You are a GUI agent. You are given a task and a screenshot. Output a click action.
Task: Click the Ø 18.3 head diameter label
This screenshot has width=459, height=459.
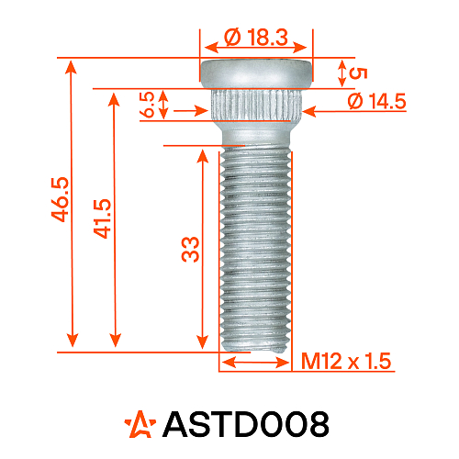[256, 38]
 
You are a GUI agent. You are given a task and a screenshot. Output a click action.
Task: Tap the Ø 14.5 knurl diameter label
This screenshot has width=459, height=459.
[377, 102]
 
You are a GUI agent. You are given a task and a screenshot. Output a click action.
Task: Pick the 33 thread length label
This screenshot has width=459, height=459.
[190, 248]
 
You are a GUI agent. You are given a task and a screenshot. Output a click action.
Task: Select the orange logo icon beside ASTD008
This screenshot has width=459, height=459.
[140, 423]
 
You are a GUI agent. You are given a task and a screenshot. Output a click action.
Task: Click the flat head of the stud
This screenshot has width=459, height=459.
[256, 71]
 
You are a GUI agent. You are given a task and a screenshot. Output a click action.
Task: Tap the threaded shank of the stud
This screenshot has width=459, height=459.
[256, 248]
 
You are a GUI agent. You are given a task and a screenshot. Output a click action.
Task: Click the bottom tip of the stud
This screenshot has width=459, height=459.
[256, 347]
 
